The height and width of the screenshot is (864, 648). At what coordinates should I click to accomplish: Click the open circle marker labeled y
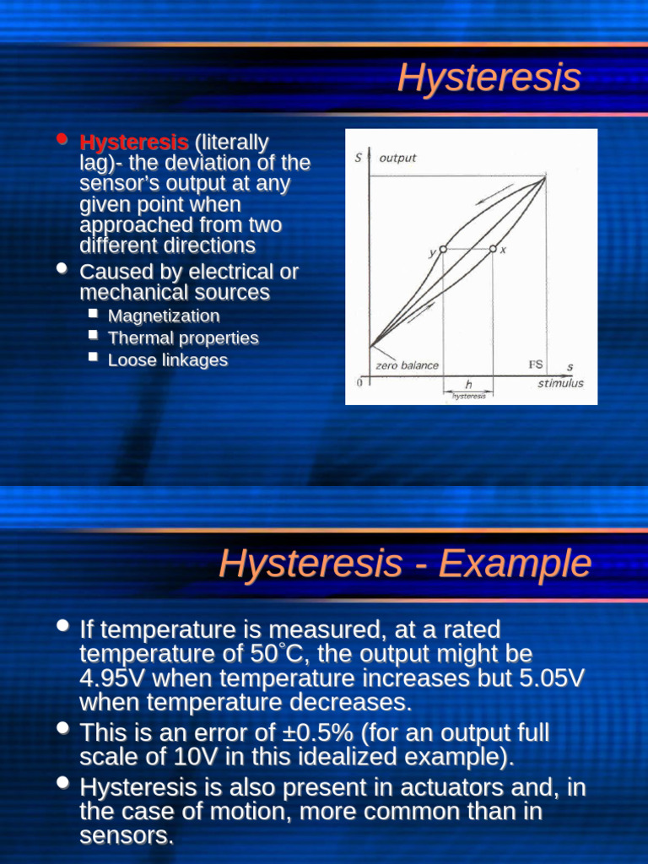[443, 250]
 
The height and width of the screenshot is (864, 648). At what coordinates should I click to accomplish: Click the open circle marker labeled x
[493, 249]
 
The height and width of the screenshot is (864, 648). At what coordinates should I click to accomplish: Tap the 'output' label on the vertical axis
[397, 158]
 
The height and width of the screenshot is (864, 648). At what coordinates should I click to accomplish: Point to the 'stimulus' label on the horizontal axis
[560, 383]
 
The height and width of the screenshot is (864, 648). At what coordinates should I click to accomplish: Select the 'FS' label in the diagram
[536, 364]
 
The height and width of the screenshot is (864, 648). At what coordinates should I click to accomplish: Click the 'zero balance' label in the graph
[407, 365]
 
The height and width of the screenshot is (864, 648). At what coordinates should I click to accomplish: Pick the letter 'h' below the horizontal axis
[468, 384]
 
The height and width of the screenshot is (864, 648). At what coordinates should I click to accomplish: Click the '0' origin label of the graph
[359, 383]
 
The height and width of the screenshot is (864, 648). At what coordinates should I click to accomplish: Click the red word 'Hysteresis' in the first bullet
[134, 142]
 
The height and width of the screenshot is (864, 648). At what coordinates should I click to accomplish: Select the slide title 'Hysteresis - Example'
[405, 563]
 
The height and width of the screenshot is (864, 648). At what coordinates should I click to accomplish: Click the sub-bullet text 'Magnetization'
[164, 316]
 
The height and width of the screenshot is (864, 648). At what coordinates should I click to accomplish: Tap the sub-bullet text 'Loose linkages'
[168, 359]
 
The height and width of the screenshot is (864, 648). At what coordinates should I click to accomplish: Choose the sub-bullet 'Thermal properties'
[183, 337]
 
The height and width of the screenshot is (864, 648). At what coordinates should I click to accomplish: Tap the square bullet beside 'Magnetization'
[93, 314]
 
